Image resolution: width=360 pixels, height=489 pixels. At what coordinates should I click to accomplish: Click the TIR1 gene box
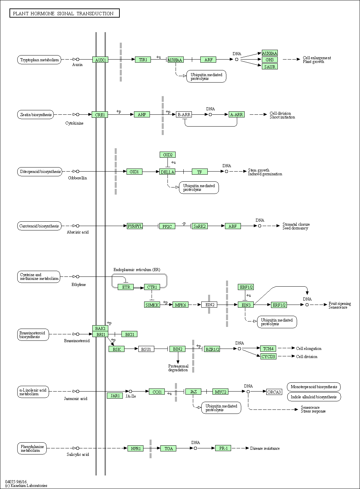click(x=143, y=60)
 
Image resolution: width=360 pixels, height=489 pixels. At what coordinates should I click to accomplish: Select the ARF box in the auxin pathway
click(x=208, y=60)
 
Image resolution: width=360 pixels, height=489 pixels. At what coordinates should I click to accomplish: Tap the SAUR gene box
click(x=270, y=67)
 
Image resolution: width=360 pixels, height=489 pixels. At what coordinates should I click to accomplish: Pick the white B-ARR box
click(x=184, y=114)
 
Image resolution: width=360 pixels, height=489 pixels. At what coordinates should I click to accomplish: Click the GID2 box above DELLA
click(x=167, y=155)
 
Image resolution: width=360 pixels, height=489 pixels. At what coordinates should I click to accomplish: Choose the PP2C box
click(x=167, y=226)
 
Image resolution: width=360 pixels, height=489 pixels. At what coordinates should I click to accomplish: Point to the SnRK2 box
click(x=200, y=226)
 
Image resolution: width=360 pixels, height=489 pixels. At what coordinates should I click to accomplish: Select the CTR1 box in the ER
click(x=152, y=287)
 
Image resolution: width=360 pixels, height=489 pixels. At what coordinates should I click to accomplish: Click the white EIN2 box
click(x=209, y=305)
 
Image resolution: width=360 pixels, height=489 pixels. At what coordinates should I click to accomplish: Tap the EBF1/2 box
click(x=246, y=287)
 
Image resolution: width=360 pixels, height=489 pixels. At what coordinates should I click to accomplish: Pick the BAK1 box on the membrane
click(x=100, y=328)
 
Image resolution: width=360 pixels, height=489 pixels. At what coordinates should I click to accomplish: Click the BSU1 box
click(x=146, y=349)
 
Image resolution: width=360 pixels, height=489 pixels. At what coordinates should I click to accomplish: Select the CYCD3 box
click(x=268, y=356)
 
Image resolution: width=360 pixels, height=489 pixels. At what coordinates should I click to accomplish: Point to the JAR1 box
click(x=115, y=396)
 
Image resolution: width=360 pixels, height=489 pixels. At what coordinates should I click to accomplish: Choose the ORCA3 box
click(x=274, y=392)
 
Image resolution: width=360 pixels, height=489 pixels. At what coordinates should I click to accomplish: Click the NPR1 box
click(x=136, y=448)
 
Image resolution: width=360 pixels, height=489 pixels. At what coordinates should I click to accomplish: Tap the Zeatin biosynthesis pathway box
click(x=36, y=115)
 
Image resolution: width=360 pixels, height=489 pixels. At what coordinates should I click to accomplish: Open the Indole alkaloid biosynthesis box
click(x=314, y=397)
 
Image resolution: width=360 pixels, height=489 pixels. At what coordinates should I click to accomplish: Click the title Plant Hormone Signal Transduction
click(x=63, y=14)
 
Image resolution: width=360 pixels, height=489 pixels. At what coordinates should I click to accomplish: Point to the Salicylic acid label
click(x=78, y=454)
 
